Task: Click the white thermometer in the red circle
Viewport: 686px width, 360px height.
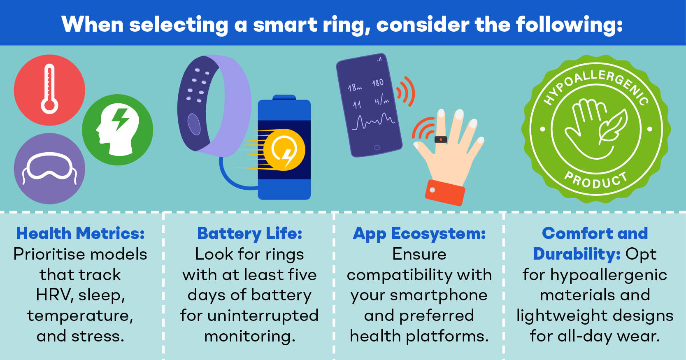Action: click(49, 89)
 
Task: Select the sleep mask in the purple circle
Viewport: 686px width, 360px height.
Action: click(49, 167)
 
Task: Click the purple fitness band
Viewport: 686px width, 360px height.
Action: click(214, 106)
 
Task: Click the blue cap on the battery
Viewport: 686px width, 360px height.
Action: click(284, 98)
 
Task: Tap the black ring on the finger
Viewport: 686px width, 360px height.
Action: click(441, 139)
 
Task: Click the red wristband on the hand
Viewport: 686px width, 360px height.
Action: click(445, 193)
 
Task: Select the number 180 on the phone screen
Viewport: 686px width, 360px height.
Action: click(378, 83)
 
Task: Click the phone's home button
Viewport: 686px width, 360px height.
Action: click(377, 148)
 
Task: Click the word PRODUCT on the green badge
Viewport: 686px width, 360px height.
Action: click(595, 181)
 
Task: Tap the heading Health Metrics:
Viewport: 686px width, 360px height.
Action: click(80, 233)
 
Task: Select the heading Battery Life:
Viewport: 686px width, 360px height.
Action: click(250, 234)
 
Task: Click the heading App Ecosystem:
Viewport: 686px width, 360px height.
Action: click(419, 234)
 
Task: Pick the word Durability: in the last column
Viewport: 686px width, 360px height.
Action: click(577, 254)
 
